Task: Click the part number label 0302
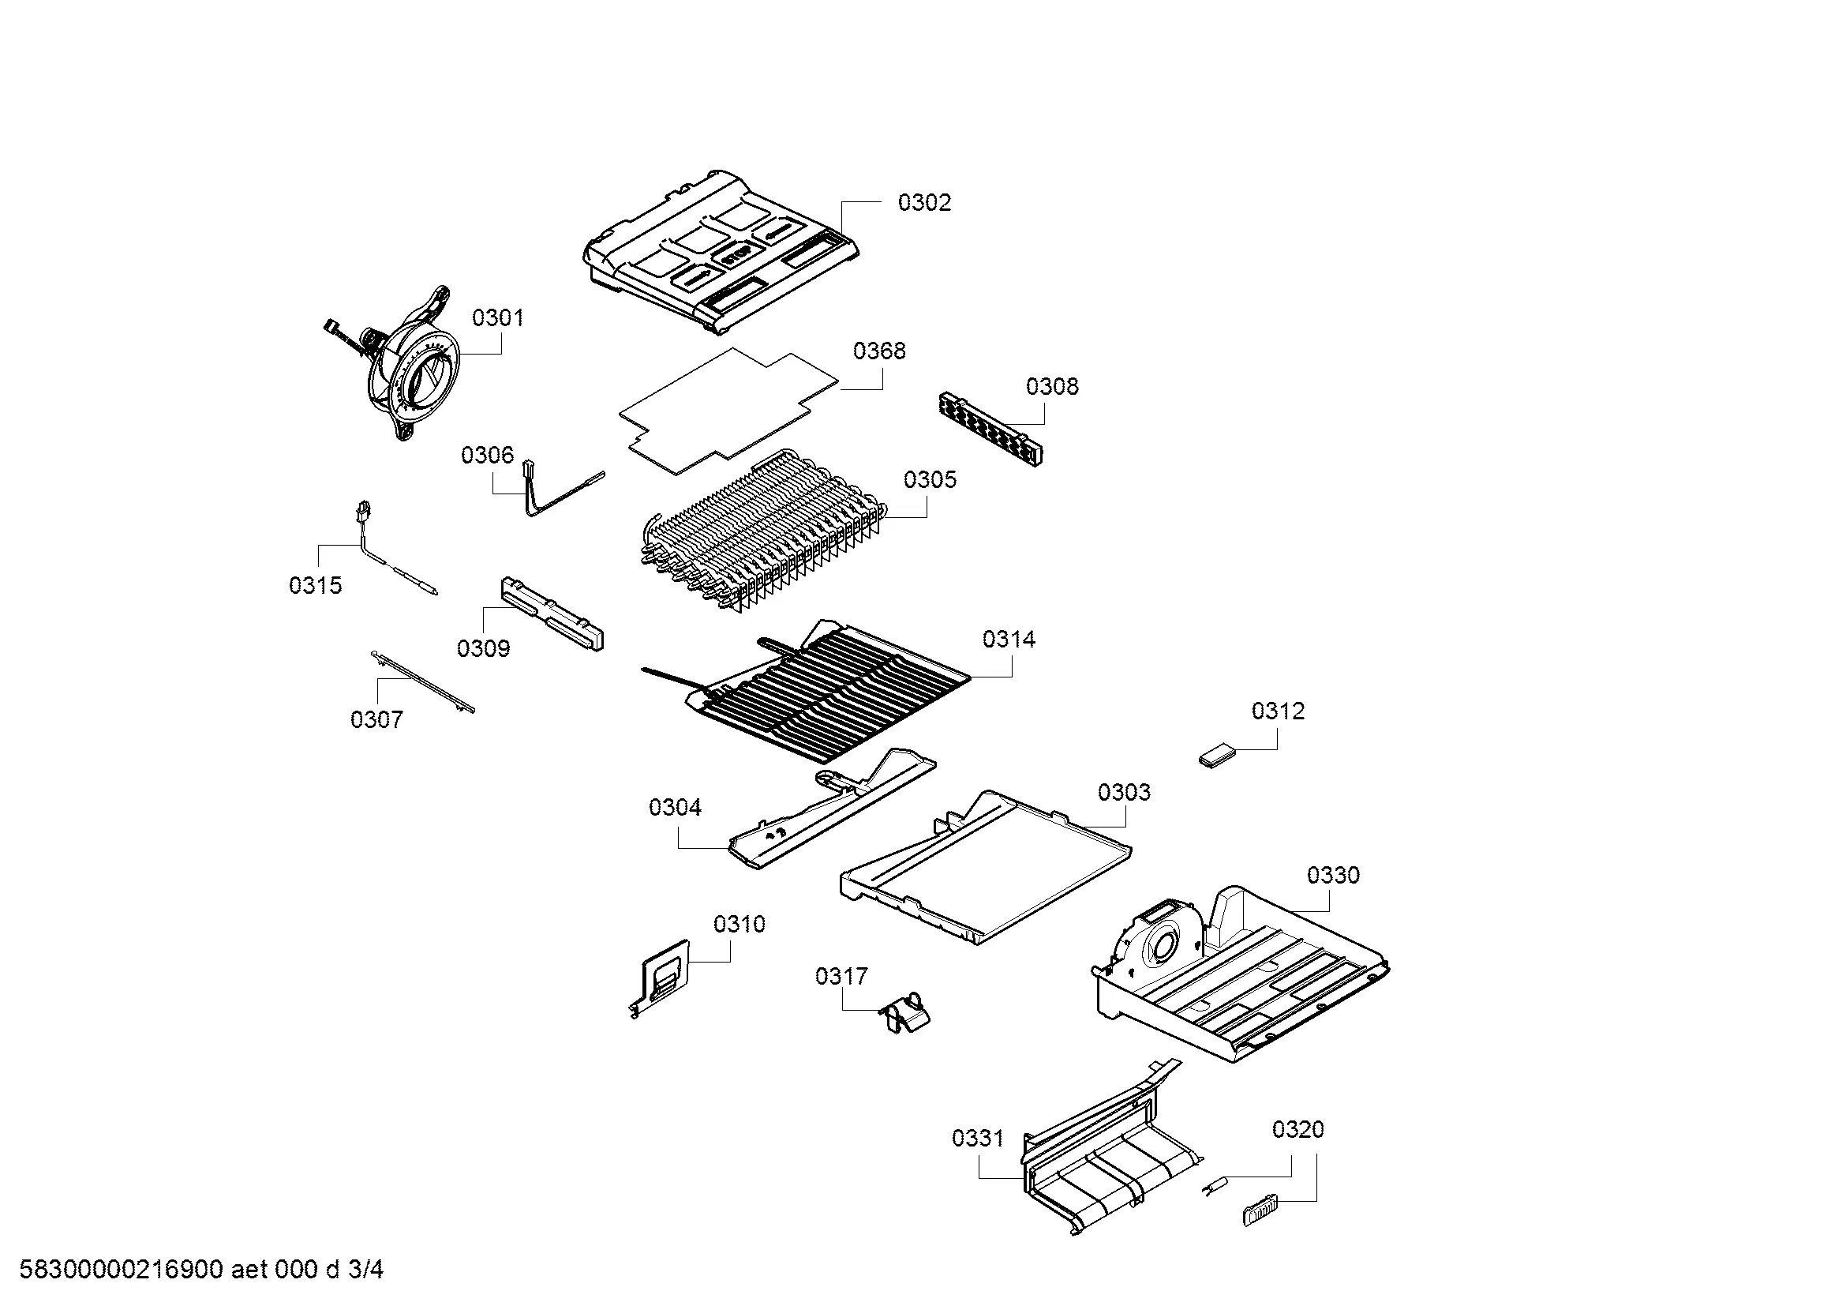pos(924,203)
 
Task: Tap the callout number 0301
pos(498,318)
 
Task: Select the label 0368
pos(878,351)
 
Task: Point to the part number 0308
pos(1051,387)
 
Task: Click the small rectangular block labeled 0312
pos(1217,756)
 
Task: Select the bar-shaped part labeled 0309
pos(552,613)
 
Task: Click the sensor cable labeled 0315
pos(393,555)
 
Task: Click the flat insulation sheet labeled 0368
pos(728,411)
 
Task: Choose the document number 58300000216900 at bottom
pos(121,1270)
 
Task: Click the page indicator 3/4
pos(366,1270)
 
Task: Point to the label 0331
pos(978,1139)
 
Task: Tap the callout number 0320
pos(1297,1130)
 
